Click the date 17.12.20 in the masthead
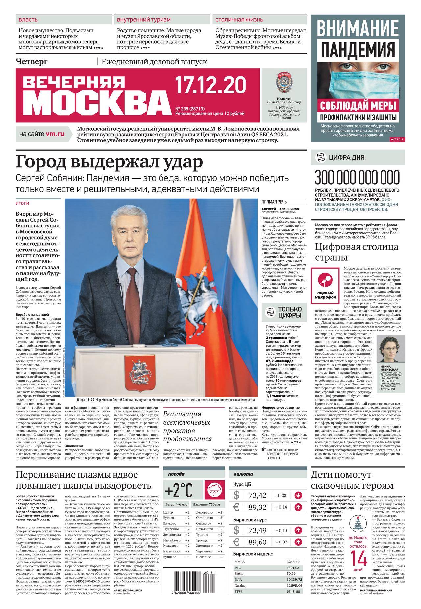[x=210, y=85]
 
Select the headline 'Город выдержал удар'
[x=109, y=163]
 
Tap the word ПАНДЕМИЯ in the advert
[x=358, y=49]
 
